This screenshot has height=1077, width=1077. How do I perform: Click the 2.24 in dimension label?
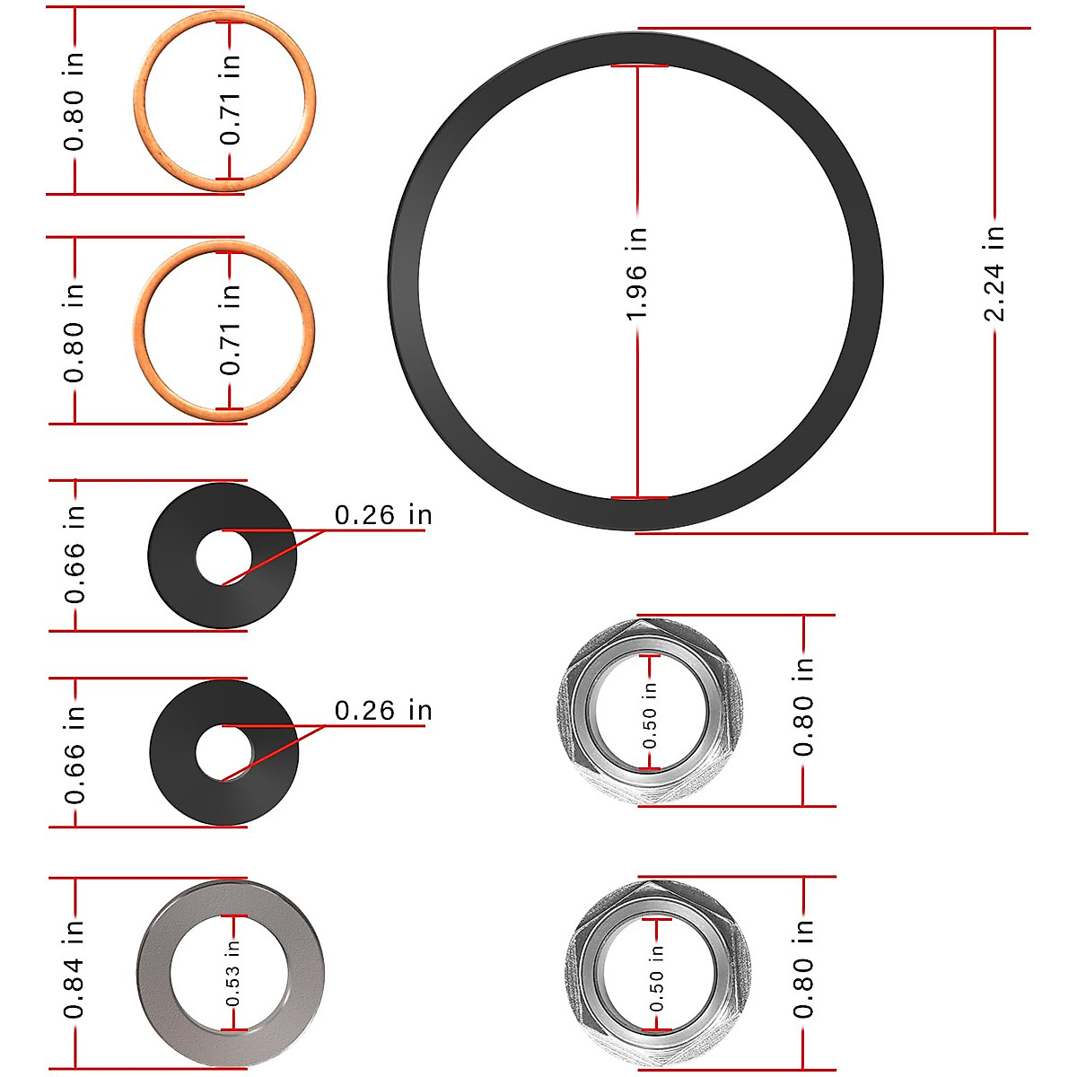994,273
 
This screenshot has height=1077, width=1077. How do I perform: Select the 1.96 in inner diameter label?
636,274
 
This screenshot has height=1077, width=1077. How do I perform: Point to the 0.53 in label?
232,973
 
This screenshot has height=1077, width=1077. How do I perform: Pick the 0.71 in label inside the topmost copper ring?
231,100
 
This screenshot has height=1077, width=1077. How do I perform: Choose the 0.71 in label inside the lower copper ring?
231,329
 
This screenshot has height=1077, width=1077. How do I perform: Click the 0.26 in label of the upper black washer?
383,515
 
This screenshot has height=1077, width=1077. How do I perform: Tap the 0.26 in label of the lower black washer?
383,711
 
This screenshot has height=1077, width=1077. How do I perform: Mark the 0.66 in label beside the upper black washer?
74,554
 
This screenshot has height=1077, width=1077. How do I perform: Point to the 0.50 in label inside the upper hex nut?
650,715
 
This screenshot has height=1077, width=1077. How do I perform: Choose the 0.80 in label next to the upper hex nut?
803,706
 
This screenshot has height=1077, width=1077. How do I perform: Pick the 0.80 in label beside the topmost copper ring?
74,101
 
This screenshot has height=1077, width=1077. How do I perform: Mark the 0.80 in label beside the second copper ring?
74,332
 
